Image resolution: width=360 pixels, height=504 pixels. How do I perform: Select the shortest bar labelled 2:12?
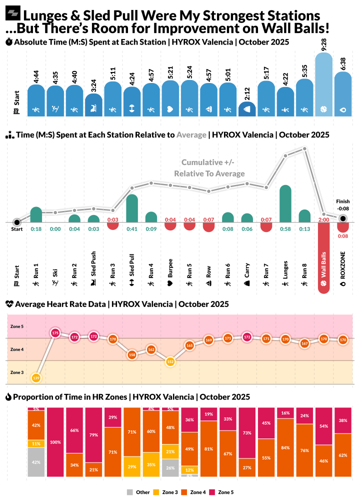[247, 109]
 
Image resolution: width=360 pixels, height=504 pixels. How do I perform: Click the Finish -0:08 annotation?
[343, 204]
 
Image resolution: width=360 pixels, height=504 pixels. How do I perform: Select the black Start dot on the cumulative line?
[17, 222]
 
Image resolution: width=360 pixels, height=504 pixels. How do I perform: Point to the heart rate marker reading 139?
[36, 378]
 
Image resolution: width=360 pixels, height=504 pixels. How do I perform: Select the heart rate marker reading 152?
[170, 361]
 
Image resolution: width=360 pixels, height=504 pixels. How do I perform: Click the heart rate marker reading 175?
[55, 332]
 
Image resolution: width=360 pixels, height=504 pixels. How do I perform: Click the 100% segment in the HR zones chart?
[55, 442]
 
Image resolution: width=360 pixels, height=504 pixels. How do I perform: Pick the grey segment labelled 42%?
[36, 462]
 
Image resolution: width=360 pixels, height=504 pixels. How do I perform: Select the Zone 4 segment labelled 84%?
[285, 447]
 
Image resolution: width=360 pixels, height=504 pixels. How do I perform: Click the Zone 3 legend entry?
[169, 492]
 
